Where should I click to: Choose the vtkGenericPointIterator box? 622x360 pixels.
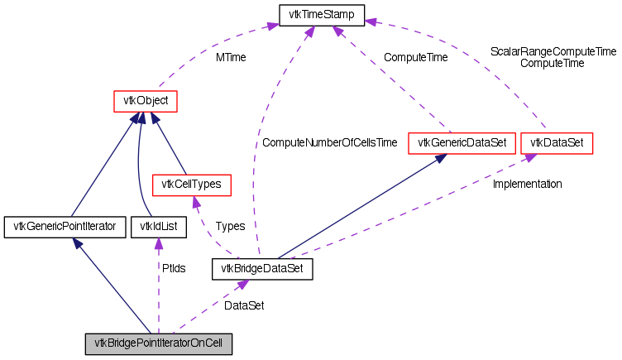tap(65, 225)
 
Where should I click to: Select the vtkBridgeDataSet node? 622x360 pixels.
tap(263, 268)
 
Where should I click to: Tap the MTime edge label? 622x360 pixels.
tap(231, 58)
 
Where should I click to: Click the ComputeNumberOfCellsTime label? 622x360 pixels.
tap(330, 143)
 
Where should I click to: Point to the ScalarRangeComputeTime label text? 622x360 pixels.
tap(553, 51)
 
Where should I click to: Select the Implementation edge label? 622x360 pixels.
tap(527, 184)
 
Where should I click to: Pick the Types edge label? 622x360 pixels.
tap(229, 226)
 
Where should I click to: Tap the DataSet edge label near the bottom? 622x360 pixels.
tap(244, 305)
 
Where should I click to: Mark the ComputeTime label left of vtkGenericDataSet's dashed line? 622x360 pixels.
tap(415, 58)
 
